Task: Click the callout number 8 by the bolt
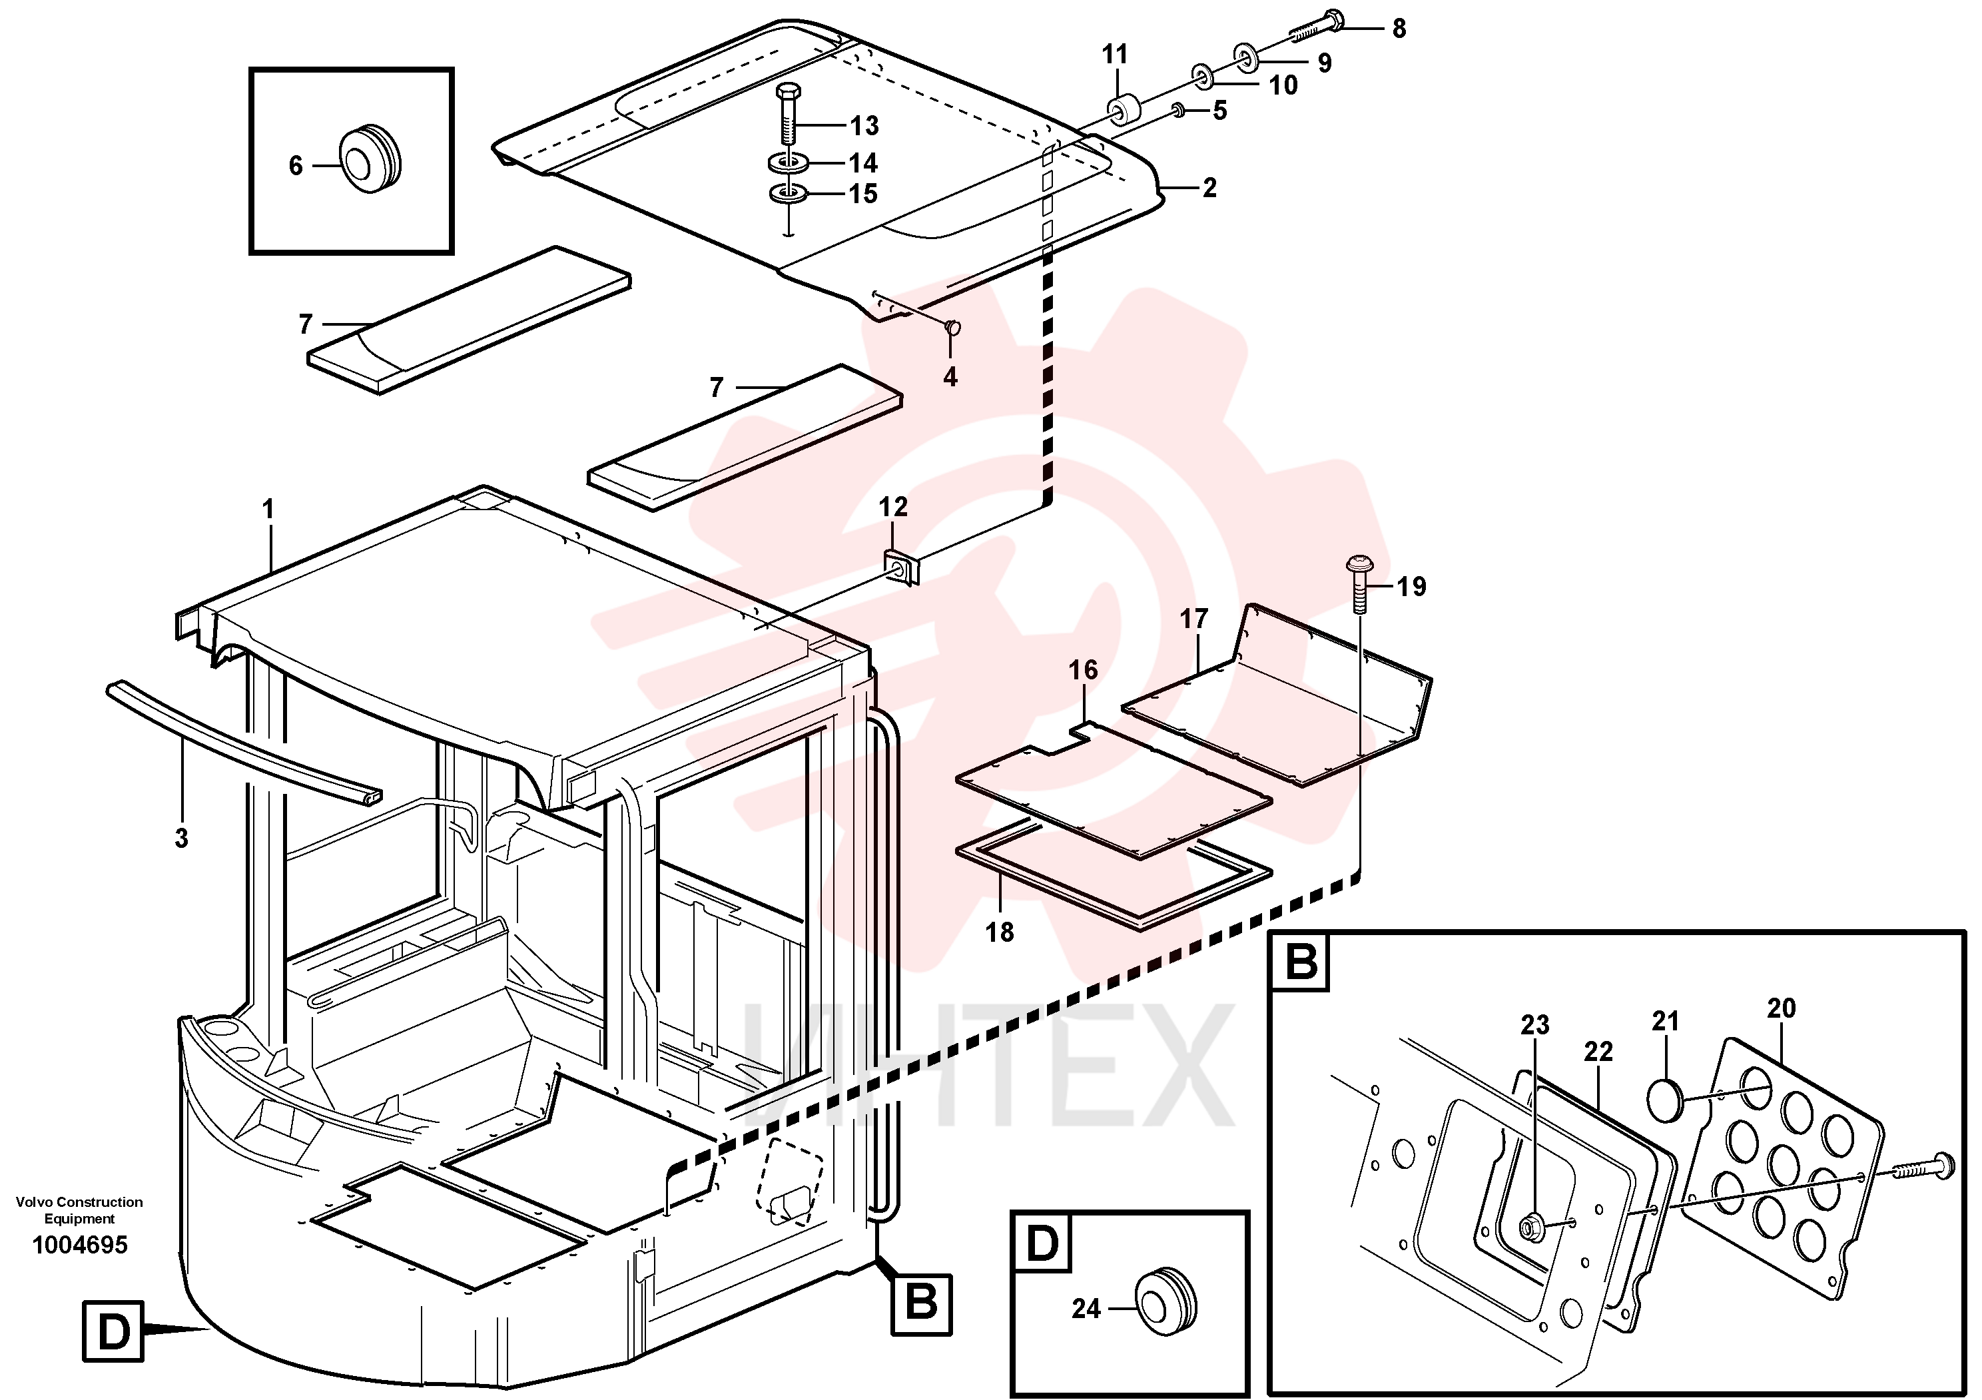1399,29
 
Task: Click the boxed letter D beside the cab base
113,1332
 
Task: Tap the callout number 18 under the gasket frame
1000,932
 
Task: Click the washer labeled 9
1245,57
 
